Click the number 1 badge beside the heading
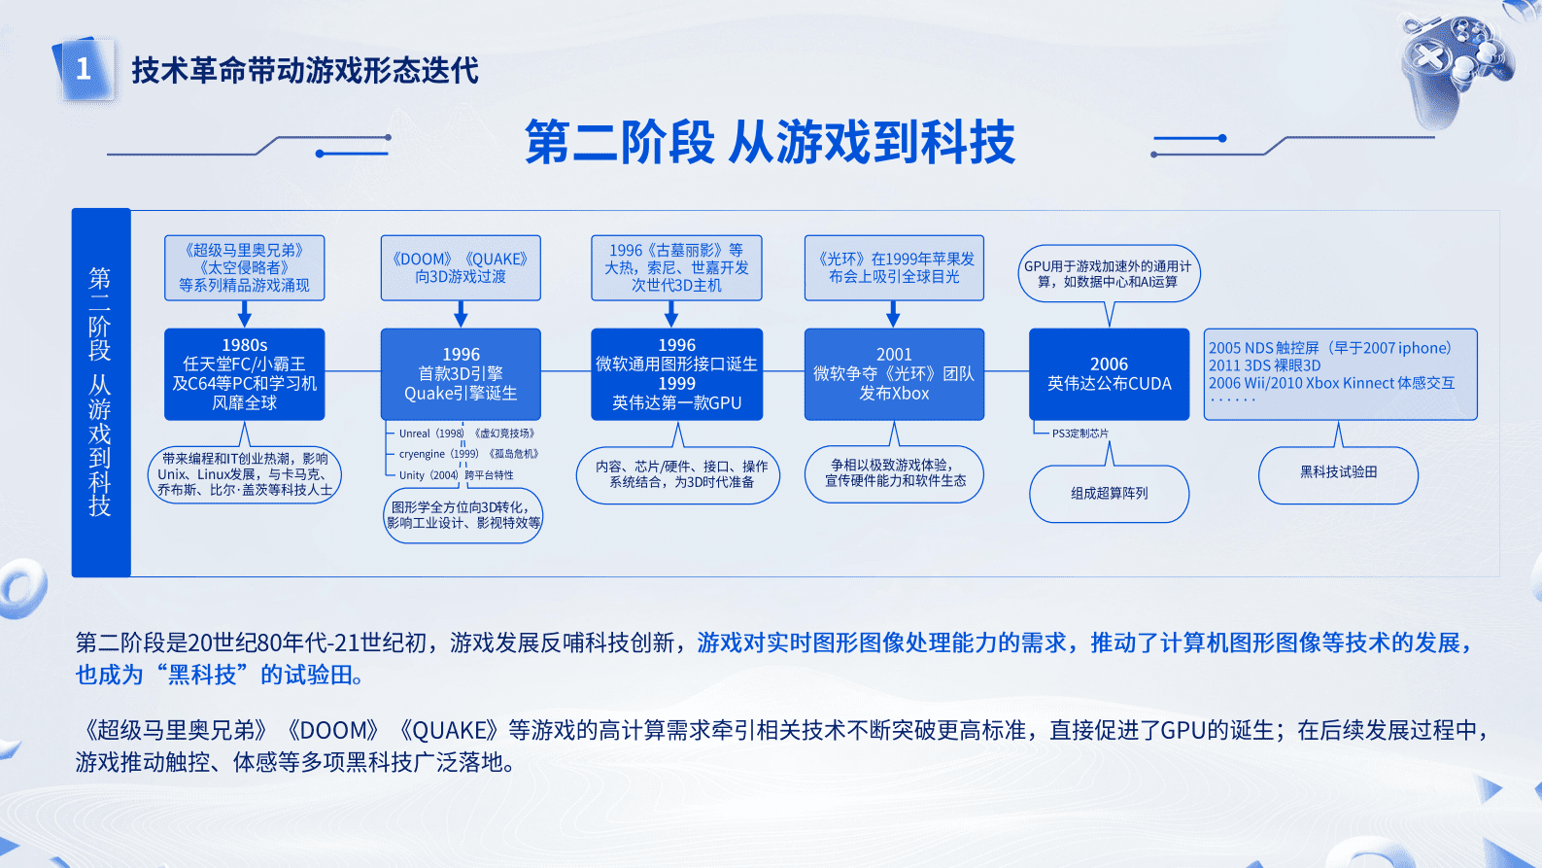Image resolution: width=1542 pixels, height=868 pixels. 84,69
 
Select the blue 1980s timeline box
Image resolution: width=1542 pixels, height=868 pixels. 244,374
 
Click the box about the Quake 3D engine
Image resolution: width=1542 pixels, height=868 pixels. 461,374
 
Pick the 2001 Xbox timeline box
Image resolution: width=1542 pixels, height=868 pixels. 894,374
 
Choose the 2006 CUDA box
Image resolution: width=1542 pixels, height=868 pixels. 1109,374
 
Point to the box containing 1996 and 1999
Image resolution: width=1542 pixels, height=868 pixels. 676,374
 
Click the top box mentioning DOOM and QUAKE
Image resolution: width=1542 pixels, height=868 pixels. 461,267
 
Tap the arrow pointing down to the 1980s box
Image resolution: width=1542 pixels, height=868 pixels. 244,314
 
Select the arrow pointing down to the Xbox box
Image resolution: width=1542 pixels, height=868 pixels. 893,314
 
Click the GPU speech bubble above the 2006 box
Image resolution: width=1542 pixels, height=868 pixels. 1109,273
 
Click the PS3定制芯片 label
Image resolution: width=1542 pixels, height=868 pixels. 1079,434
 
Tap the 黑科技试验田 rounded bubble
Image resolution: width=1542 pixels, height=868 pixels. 1338,472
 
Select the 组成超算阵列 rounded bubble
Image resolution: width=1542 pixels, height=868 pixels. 1109,494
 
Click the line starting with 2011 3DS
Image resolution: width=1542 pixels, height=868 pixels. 1264,365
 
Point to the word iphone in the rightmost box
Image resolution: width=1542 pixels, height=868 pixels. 1423,348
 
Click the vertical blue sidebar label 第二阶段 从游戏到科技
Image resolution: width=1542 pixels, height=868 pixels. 100,392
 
